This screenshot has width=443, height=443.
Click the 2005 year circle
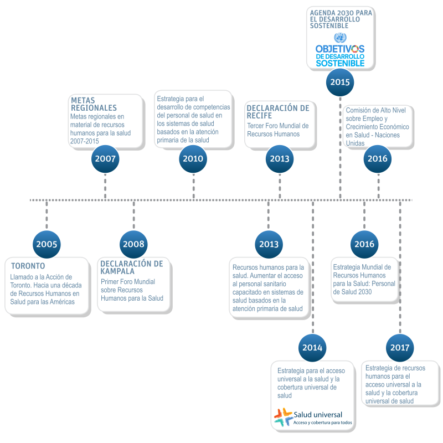(x=47, y=244)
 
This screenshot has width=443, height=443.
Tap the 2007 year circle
(x=105, y=159)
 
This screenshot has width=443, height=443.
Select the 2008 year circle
(x=133, y=244)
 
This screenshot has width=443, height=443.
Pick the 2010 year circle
(x=193, y=159)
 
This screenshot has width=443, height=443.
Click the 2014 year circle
(x=312, y=348)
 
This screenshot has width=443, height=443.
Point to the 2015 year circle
(x=340, y=82)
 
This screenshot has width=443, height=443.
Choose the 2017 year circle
(x=400, y=348)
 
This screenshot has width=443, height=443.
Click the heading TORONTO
(x=28, y=266)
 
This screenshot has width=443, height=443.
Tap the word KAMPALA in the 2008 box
(x=117, y=271)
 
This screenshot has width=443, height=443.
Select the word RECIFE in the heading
(x=259, y=116)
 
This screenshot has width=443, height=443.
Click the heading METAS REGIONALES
(x=94, y=104)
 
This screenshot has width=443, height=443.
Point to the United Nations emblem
(x=340, y=38)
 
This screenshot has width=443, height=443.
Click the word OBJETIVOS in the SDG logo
(x=340, y=49)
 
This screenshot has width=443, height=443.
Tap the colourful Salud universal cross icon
(x=284, y=417)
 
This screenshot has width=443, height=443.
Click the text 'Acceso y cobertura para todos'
(x=323, y=423)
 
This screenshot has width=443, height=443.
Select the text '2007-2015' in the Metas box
(x=85, y=141)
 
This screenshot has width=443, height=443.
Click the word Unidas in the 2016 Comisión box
(x=355, y=143)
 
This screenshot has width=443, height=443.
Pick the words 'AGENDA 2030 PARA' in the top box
(x=341, y=13)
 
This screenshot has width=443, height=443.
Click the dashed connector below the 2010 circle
(x=193, y=187)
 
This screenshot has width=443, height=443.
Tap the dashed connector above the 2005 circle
(x=47, y=215)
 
